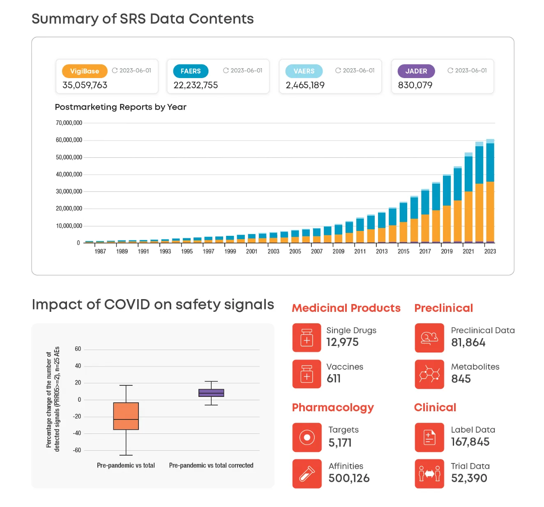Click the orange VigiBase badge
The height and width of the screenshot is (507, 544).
coord(84,71)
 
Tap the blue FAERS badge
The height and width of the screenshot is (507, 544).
coord(191,71)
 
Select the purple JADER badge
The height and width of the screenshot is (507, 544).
coord(416,71)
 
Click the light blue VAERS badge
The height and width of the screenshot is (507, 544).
coord(304,71)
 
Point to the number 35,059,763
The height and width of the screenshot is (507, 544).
coord(85,85)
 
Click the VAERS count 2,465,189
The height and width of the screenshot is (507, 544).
coord(305,85)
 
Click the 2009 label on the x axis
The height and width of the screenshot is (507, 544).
coord(338,251)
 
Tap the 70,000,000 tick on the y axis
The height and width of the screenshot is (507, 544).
coord(69,123)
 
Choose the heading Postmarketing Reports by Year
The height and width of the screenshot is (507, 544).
coord(120,107)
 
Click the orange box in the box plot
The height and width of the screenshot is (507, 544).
coord(126,416)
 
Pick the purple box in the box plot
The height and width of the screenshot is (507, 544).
coord(211,393)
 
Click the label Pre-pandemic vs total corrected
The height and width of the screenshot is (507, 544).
coord(211,466)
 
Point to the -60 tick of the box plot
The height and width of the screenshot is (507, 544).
coord(77,450)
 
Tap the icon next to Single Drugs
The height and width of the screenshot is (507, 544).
coord(307,338)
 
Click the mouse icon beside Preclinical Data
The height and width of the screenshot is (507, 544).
coord(429,338)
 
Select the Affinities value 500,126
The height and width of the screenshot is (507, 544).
coord(349,478)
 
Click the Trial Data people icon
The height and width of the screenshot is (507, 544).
coord(429,474)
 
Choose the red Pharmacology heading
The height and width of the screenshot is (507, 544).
coord(333,408)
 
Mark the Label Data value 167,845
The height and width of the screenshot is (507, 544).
coord(470,442)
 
